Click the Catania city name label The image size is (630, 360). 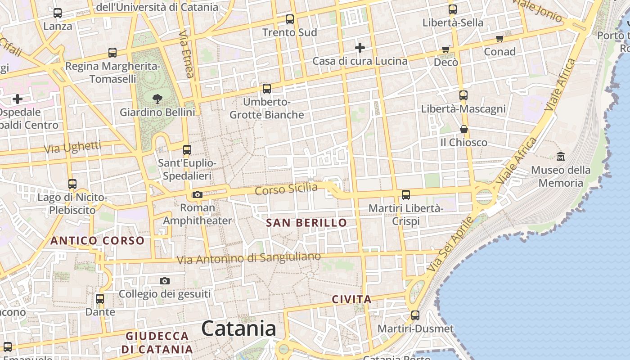[238, 328]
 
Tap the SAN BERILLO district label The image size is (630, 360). [306, 223]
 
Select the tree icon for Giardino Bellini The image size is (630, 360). [157, 98]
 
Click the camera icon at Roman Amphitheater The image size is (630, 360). [197, 195]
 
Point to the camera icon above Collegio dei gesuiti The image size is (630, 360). [165, 281]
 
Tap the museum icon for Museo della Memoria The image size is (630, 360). [561, 157]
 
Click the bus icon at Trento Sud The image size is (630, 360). [290, 19]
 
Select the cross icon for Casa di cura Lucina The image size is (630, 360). [360, 47]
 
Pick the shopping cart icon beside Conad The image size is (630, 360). [499, 39]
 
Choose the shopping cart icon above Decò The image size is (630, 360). [445, 49]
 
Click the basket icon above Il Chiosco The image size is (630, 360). [463, 130]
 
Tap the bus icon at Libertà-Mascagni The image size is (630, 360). [463, 95]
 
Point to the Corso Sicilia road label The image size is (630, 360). [286, 189]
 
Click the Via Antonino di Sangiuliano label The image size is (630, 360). [249, 258]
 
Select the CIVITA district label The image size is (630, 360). [351, 299]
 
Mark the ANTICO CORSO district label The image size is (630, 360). [97, 241]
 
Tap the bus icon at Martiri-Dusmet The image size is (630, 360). [415, 315]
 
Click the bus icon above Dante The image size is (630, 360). [100, 299]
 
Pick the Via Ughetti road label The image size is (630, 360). [73, 147]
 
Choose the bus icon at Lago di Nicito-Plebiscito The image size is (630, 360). [72, 184]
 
